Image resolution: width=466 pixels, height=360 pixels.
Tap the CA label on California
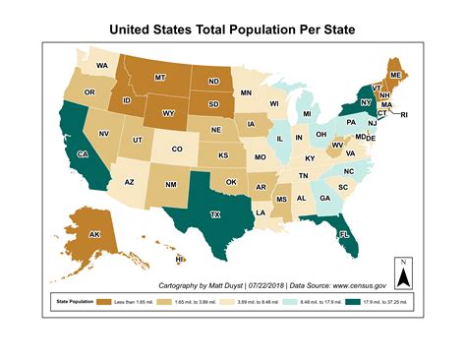(85, 154)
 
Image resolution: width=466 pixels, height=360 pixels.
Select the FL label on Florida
(344, 235)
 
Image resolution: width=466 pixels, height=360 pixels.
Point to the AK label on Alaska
(95, 235)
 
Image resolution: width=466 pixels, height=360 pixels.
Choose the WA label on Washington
(102, 66)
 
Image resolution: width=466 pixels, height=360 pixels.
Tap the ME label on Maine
(395, 75)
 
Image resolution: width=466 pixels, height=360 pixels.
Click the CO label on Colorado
(178, 150)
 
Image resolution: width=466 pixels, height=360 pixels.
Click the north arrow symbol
(402, 268)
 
